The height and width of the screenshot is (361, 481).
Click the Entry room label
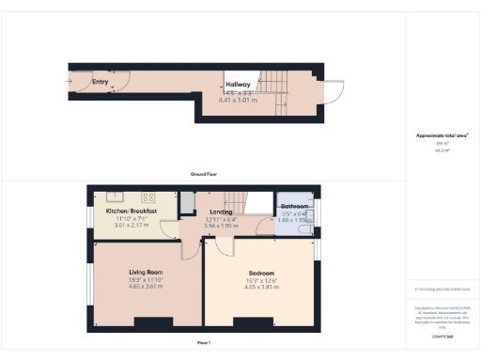click(x=100, y=82)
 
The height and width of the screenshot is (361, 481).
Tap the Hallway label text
click(x=237, y=86)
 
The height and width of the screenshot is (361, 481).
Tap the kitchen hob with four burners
click(x=147, y=197)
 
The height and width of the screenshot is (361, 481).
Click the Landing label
click(x=223, y=212)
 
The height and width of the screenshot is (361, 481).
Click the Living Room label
click(x=146, y=272)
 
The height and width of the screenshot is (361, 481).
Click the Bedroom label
click(x=260, y=273)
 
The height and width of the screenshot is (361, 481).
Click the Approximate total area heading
click(x=442, y=136)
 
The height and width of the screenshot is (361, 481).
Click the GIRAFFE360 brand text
click(x=442, y=335)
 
